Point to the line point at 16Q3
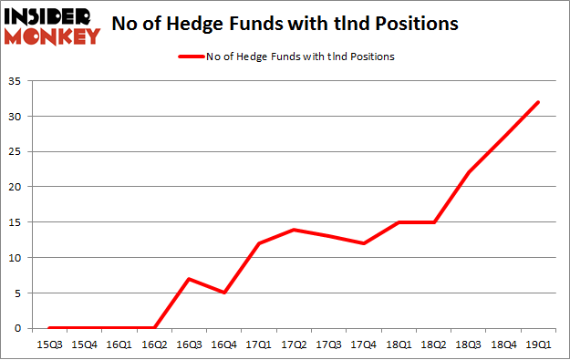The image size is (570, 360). pos(188,279)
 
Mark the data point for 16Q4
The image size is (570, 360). pos(223,293)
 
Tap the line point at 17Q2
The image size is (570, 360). pos(294,230)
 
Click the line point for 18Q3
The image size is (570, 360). pos(469,173)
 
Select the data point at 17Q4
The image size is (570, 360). pos(364,243)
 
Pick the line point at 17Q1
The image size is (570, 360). pos(258,243)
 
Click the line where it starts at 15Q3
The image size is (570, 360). pos(48,328)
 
